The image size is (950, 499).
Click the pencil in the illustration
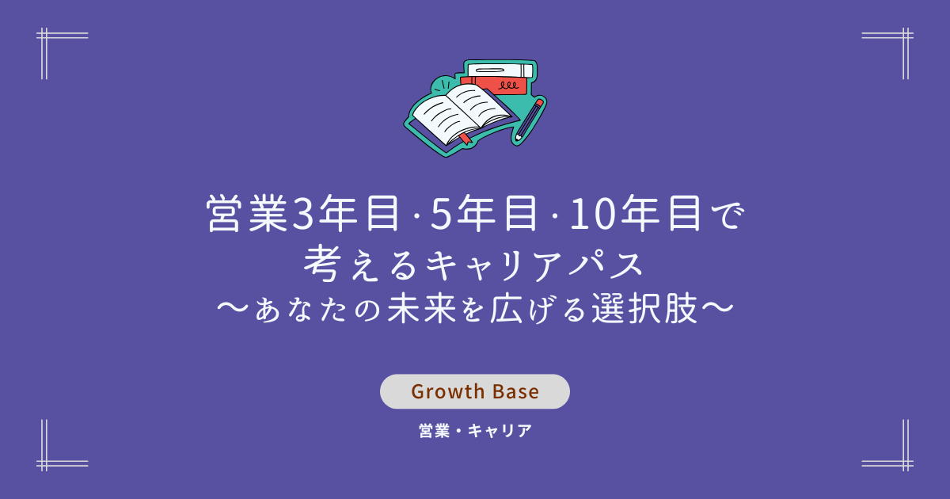[x=528, y=120]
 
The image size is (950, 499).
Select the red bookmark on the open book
[x=465, y=139]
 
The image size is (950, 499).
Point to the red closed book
[x=495, y=86]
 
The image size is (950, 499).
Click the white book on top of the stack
[x=500, y=70]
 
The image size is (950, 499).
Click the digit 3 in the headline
[x=303, y=215]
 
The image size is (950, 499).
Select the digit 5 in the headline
[x=442, y=215]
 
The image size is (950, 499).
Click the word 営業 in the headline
[x=248, y=214]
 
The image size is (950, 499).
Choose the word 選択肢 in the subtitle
[x=644, y=308]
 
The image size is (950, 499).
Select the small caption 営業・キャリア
[x=475, y=431]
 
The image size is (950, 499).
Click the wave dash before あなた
[x=233, y=308]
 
